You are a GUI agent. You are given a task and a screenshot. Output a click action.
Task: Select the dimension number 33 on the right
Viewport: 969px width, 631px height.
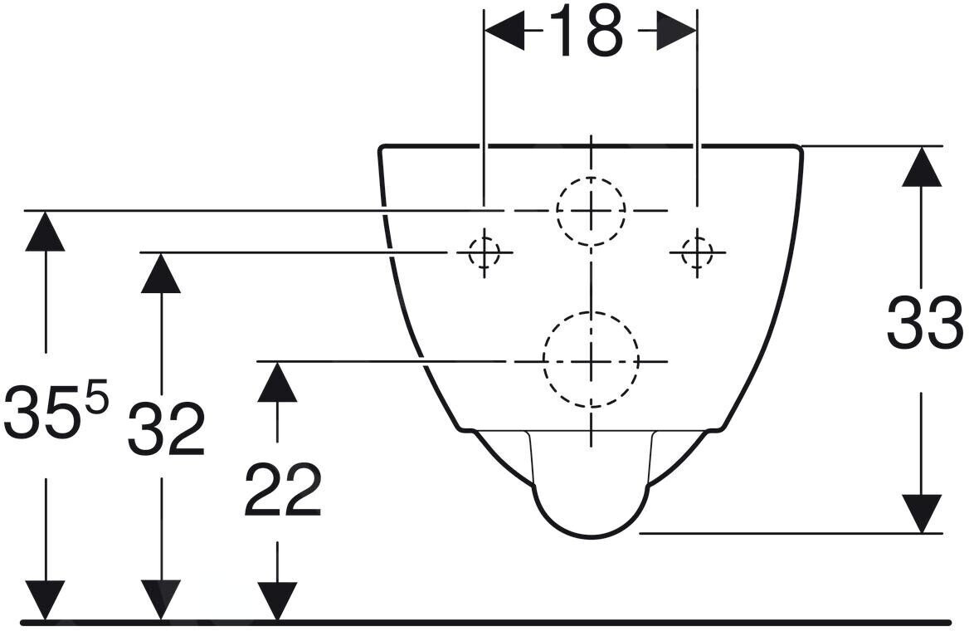[924, 323]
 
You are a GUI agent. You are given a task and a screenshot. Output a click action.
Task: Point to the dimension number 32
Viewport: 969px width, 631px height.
[166, 428]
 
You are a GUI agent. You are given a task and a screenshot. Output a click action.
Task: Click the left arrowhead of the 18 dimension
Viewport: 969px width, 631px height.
[505, 31]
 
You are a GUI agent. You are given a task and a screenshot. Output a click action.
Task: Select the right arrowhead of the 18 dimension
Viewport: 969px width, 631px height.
[676, 31]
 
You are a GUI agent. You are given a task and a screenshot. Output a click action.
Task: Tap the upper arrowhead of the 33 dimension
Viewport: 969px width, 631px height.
[922, 166]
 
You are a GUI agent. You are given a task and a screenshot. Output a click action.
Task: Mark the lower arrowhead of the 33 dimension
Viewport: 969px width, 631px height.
[922, 513]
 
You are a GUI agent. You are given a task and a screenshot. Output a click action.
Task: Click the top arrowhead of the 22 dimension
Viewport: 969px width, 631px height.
[277, 382]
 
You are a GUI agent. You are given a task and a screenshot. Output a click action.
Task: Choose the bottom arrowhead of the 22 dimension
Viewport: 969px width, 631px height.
[277, 600]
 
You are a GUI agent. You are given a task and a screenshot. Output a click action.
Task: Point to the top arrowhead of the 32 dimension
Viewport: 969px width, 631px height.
[161, 273]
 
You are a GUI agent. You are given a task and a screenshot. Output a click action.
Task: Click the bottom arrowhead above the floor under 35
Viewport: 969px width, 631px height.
[45, 600]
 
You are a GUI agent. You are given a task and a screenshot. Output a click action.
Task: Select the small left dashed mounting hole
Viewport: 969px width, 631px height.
[484, 252]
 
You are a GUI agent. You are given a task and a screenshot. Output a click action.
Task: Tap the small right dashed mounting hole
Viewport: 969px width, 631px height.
[697, 252]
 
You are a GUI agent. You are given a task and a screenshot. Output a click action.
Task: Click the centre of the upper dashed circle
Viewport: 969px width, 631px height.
[591, 211]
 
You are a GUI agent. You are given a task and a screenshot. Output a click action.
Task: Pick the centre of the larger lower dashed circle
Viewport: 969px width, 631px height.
[591, 360]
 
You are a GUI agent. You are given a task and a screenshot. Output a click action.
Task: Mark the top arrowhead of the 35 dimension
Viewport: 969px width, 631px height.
[45, 232]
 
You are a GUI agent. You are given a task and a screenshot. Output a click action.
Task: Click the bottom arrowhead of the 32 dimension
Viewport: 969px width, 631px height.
[161, 600]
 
